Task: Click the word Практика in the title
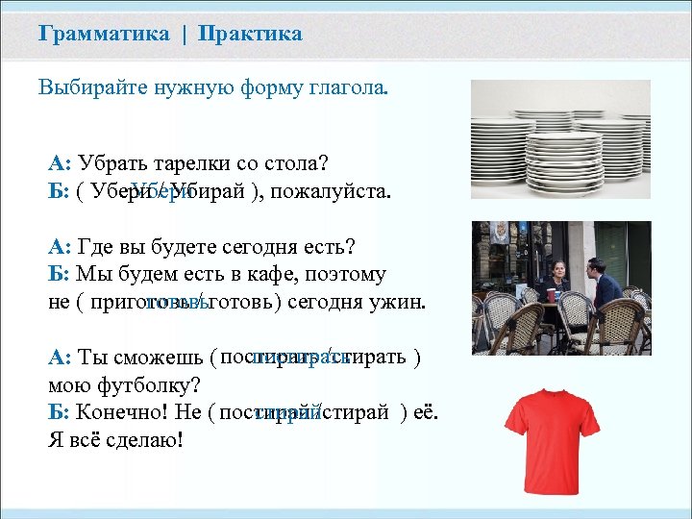(x=250, y=35)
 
